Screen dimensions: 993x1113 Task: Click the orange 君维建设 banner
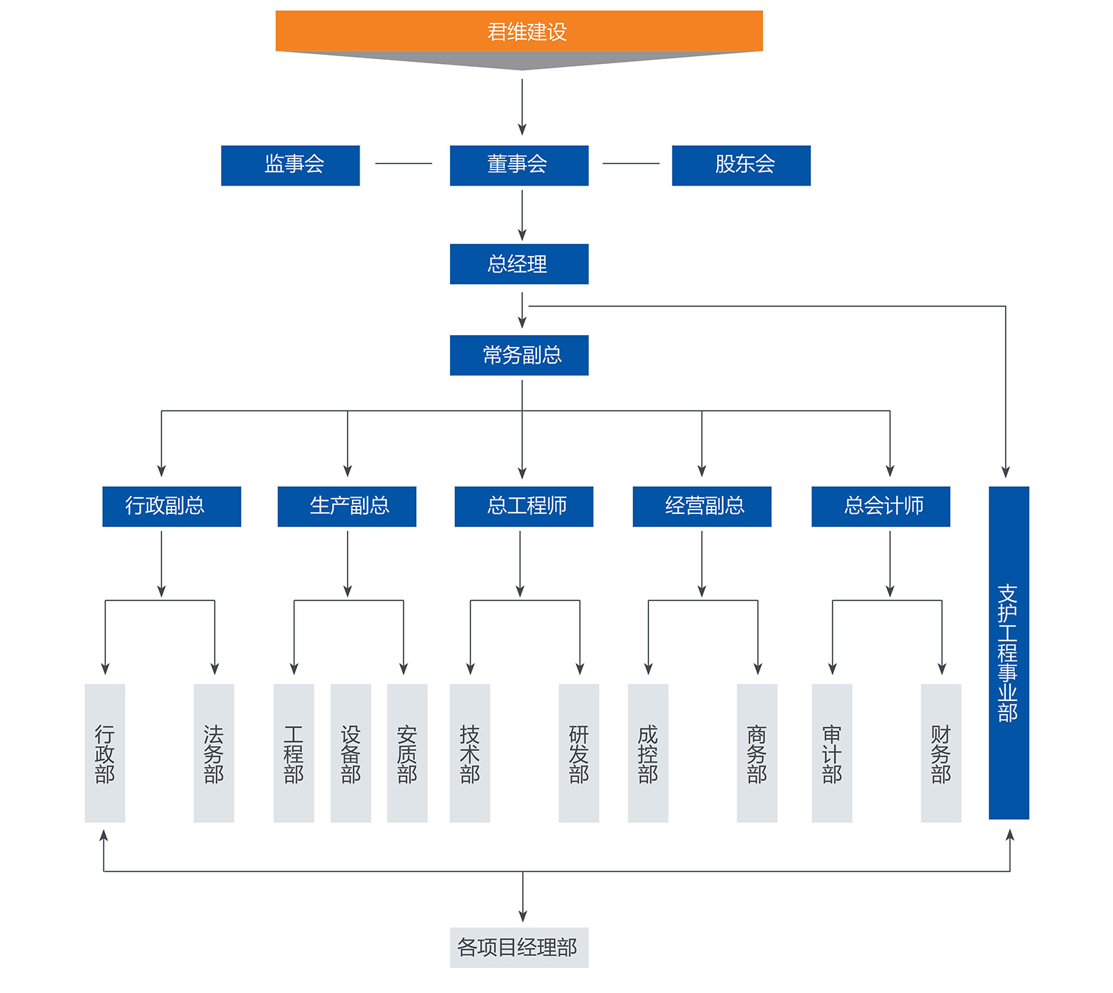point(519,31)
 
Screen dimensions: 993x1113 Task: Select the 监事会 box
point(290,165)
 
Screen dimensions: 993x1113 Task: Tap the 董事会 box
point(519,165)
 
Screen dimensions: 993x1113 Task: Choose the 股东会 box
point(741,165)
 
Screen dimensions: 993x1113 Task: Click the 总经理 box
point(519,264)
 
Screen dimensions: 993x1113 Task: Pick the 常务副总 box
point(519,355)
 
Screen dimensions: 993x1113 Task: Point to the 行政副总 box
point(171,506)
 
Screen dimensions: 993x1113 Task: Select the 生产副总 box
point(346,506)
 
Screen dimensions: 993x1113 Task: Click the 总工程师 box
point(524,506)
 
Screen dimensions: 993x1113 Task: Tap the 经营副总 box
point(702,506)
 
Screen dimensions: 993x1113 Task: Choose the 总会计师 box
point(881,506)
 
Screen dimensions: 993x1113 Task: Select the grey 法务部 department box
point(214,753)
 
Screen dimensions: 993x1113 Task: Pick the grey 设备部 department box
point(351,753)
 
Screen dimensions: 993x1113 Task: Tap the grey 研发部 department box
point(579,753)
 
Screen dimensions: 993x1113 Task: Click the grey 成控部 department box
point(648,753)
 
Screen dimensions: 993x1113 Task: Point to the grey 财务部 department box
point(940,753)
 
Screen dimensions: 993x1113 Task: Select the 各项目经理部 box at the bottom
point(519,947)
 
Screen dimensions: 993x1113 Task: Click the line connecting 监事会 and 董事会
point(403,163)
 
